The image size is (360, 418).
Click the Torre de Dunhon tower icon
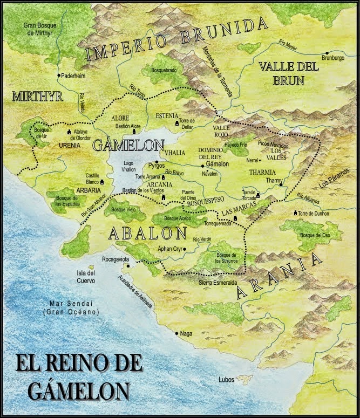[x=295, y=213]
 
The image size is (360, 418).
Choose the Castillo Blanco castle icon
[x=102, y=183]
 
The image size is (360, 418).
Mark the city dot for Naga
[x=177, y=333]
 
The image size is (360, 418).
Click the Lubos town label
[x=226, y=380]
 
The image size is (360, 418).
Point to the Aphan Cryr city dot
[x=185, y=249]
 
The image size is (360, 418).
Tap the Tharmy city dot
[x=281, y=186]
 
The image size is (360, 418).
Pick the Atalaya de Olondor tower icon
[x=69, y=131]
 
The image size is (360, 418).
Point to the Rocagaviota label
[x=115, y=259]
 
